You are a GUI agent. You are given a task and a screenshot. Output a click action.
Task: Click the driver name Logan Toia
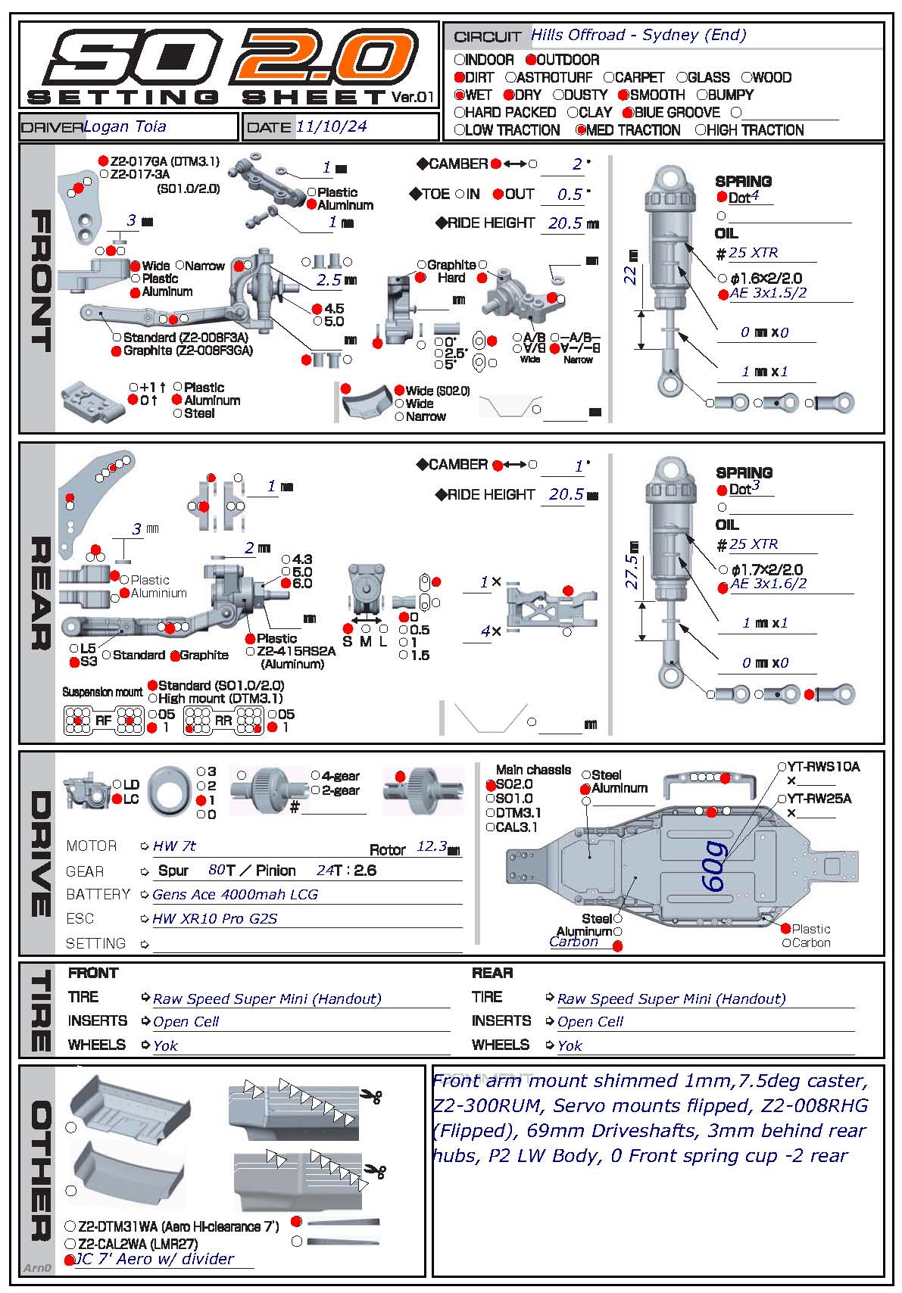coord(125,126)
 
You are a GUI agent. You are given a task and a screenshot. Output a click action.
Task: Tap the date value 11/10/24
coord(331,126)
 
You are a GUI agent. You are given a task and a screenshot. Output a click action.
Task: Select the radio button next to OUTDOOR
coord(531,60)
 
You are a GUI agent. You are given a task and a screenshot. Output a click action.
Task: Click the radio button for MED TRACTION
coord(581,130)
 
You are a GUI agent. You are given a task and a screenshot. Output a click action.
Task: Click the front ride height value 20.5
coord(565,223)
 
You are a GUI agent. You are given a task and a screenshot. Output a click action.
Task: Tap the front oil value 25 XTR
coord(753,253)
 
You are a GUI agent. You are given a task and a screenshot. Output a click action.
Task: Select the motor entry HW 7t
coord(174,846)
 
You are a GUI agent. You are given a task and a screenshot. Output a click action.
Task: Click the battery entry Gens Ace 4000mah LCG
coord(235,895)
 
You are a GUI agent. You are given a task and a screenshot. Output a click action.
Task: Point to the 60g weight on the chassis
coord(714,867)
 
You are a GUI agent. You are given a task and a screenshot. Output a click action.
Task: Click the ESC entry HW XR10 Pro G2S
coord(215,919)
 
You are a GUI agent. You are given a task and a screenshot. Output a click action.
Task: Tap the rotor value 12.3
coord(432,846)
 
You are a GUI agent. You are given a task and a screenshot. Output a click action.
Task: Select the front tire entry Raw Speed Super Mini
coord(267,999)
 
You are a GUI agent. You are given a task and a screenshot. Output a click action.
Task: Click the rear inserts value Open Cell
coord(590,1022)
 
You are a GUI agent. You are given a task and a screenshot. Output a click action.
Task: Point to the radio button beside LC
coord(117,799)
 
